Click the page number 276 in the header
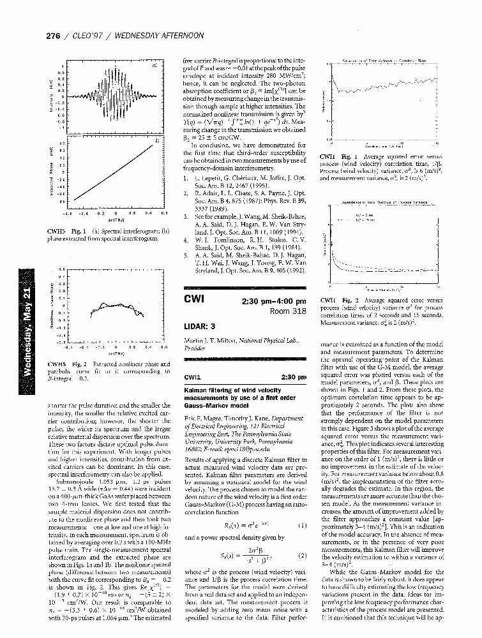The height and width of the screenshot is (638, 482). click(55, 36)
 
